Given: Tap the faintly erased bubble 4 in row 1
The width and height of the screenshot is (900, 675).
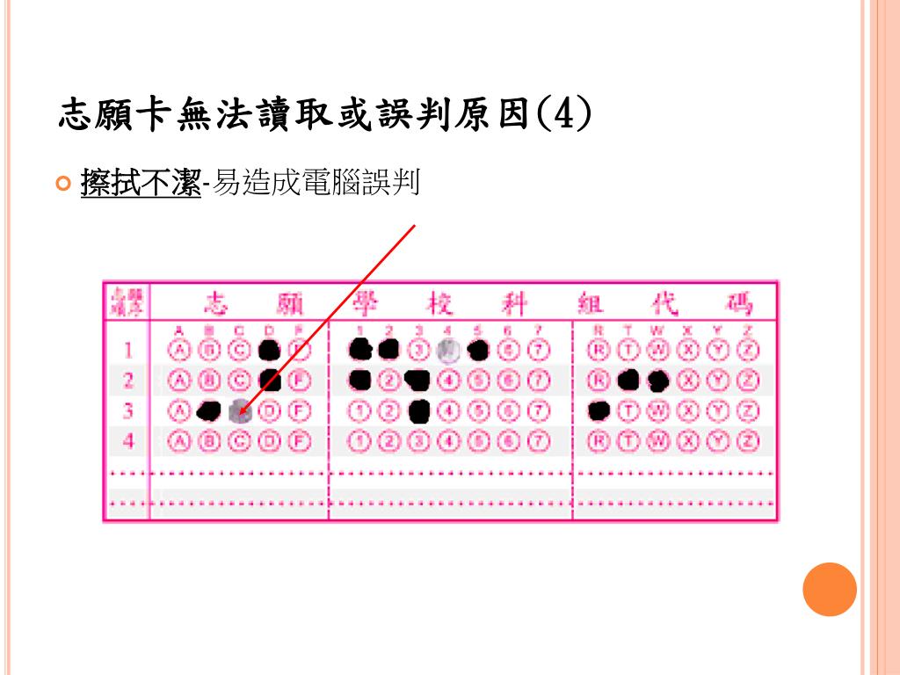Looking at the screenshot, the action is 449,350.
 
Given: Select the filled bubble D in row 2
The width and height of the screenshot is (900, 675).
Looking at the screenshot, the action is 270,381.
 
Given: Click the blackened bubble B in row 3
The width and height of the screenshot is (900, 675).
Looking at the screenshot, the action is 209,410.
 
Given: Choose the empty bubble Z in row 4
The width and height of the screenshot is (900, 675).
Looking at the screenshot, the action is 749,440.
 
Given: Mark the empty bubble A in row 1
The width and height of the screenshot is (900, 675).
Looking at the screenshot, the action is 180,350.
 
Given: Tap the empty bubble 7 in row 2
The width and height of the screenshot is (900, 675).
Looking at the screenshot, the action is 540,381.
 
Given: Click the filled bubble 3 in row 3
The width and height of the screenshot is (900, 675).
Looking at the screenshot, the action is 419,410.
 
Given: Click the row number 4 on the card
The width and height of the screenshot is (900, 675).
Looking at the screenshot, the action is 127,440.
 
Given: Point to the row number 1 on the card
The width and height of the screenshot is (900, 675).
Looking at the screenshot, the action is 127,350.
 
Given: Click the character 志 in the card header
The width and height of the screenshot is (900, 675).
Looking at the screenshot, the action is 216,305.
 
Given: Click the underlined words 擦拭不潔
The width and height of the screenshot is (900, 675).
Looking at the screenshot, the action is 141,184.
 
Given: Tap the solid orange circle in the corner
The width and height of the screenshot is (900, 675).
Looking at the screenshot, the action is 829,590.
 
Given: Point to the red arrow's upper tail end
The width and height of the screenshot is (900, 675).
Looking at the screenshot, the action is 413,225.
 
